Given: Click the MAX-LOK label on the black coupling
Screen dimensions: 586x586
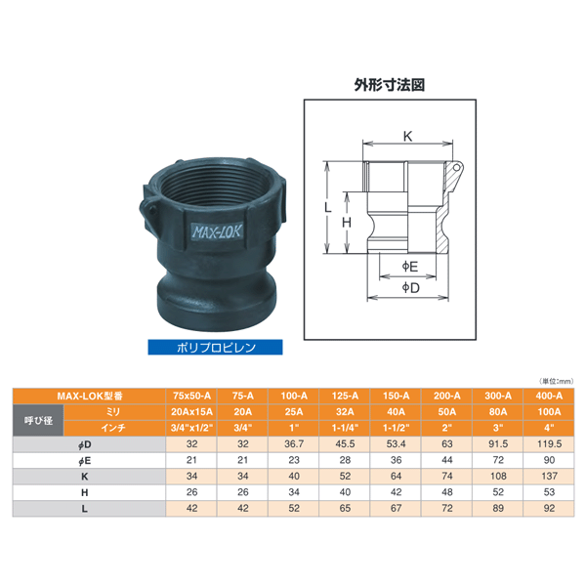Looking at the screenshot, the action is pos(217,231).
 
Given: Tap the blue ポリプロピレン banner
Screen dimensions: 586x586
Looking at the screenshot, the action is pos(215,347).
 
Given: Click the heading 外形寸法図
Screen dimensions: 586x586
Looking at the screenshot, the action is pos(390,85).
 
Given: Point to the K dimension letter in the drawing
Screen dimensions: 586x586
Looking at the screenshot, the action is pos(407,137).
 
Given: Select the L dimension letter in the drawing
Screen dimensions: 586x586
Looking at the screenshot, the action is pos(328,207).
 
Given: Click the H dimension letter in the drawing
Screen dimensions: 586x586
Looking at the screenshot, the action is pos(347,223).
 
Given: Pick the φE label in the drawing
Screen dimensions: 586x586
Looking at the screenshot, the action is pos(410,267).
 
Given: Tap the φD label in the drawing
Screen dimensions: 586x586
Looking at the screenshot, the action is pos(411,288).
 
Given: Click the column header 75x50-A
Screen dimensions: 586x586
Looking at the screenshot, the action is pos(191,396).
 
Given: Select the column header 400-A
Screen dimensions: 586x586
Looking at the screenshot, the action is pos(549,396).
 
